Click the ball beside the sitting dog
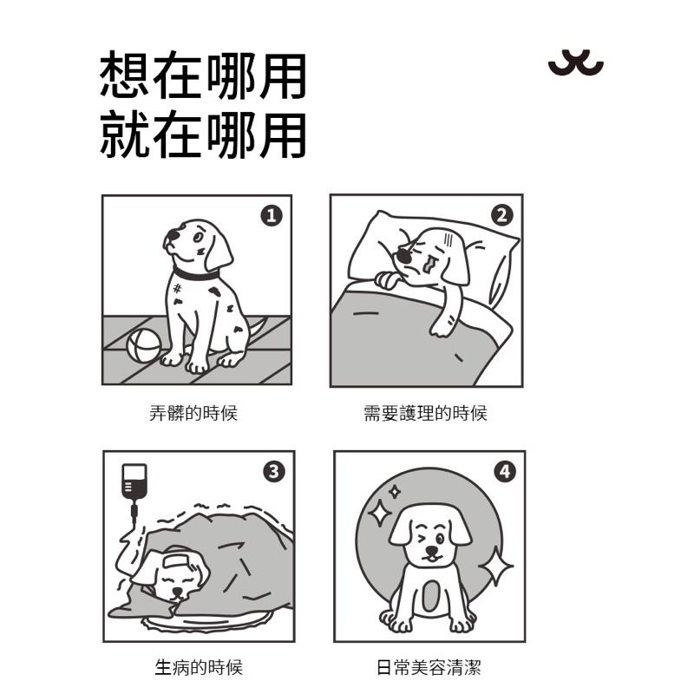[x=144, y=345]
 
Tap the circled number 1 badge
[x=272, y=216]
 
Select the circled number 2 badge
[x=502, y=215]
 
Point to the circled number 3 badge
[x=274, y=471]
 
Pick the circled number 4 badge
[x=505, y=472]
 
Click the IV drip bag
[x=134, y=482]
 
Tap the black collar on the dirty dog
[x=196, y=274]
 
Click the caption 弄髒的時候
[x=193, y=413]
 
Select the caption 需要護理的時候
[x=425, y=413]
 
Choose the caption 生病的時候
[x=199, y=667]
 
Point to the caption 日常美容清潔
[x=429, y=667]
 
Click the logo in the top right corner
[x=576, y=62]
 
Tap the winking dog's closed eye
[x=421, y=537]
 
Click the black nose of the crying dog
[x=403, y=255]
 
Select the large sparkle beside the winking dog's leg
[x=495, y=566]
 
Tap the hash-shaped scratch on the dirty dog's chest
[x=177, y=289]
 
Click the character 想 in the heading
[x=124, y=75]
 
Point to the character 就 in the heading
[x=124, y=134]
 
